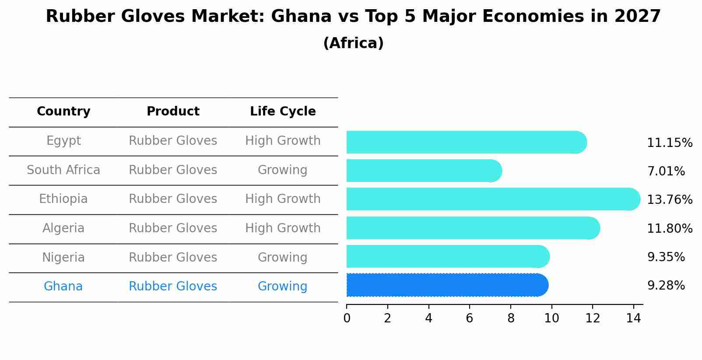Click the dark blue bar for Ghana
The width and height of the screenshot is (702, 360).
446,285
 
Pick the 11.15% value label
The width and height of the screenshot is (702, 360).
669,143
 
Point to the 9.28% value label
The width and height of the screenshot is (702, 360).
666,286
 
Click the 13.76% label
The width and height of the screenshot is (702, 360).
669,200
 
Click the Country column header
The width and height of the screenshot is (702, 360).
63,112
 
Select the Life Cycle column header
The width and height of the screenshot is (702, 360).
283,112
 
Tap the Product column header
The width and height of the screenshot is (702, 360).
173,112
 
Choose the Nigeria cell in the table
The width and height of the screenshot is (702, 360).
63,257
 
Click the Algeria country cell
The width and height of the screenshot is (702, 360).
63,228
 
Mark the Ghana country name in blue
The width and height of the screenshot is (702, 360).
63,287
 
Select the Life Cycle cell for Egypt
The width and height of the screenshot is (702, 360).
283,141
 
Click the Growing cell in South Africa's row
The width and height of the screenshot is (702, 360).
282,170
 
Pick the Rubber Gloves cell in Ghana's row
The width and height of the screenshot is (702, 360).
173,287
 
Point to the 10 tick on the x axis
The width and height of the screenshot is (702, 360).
551,318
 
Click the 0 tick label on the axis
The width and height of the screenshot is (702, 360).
347,318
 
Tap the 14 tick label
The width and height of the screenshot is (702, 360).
633,318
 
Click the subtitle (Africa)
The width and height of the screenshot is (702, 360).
353,43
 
